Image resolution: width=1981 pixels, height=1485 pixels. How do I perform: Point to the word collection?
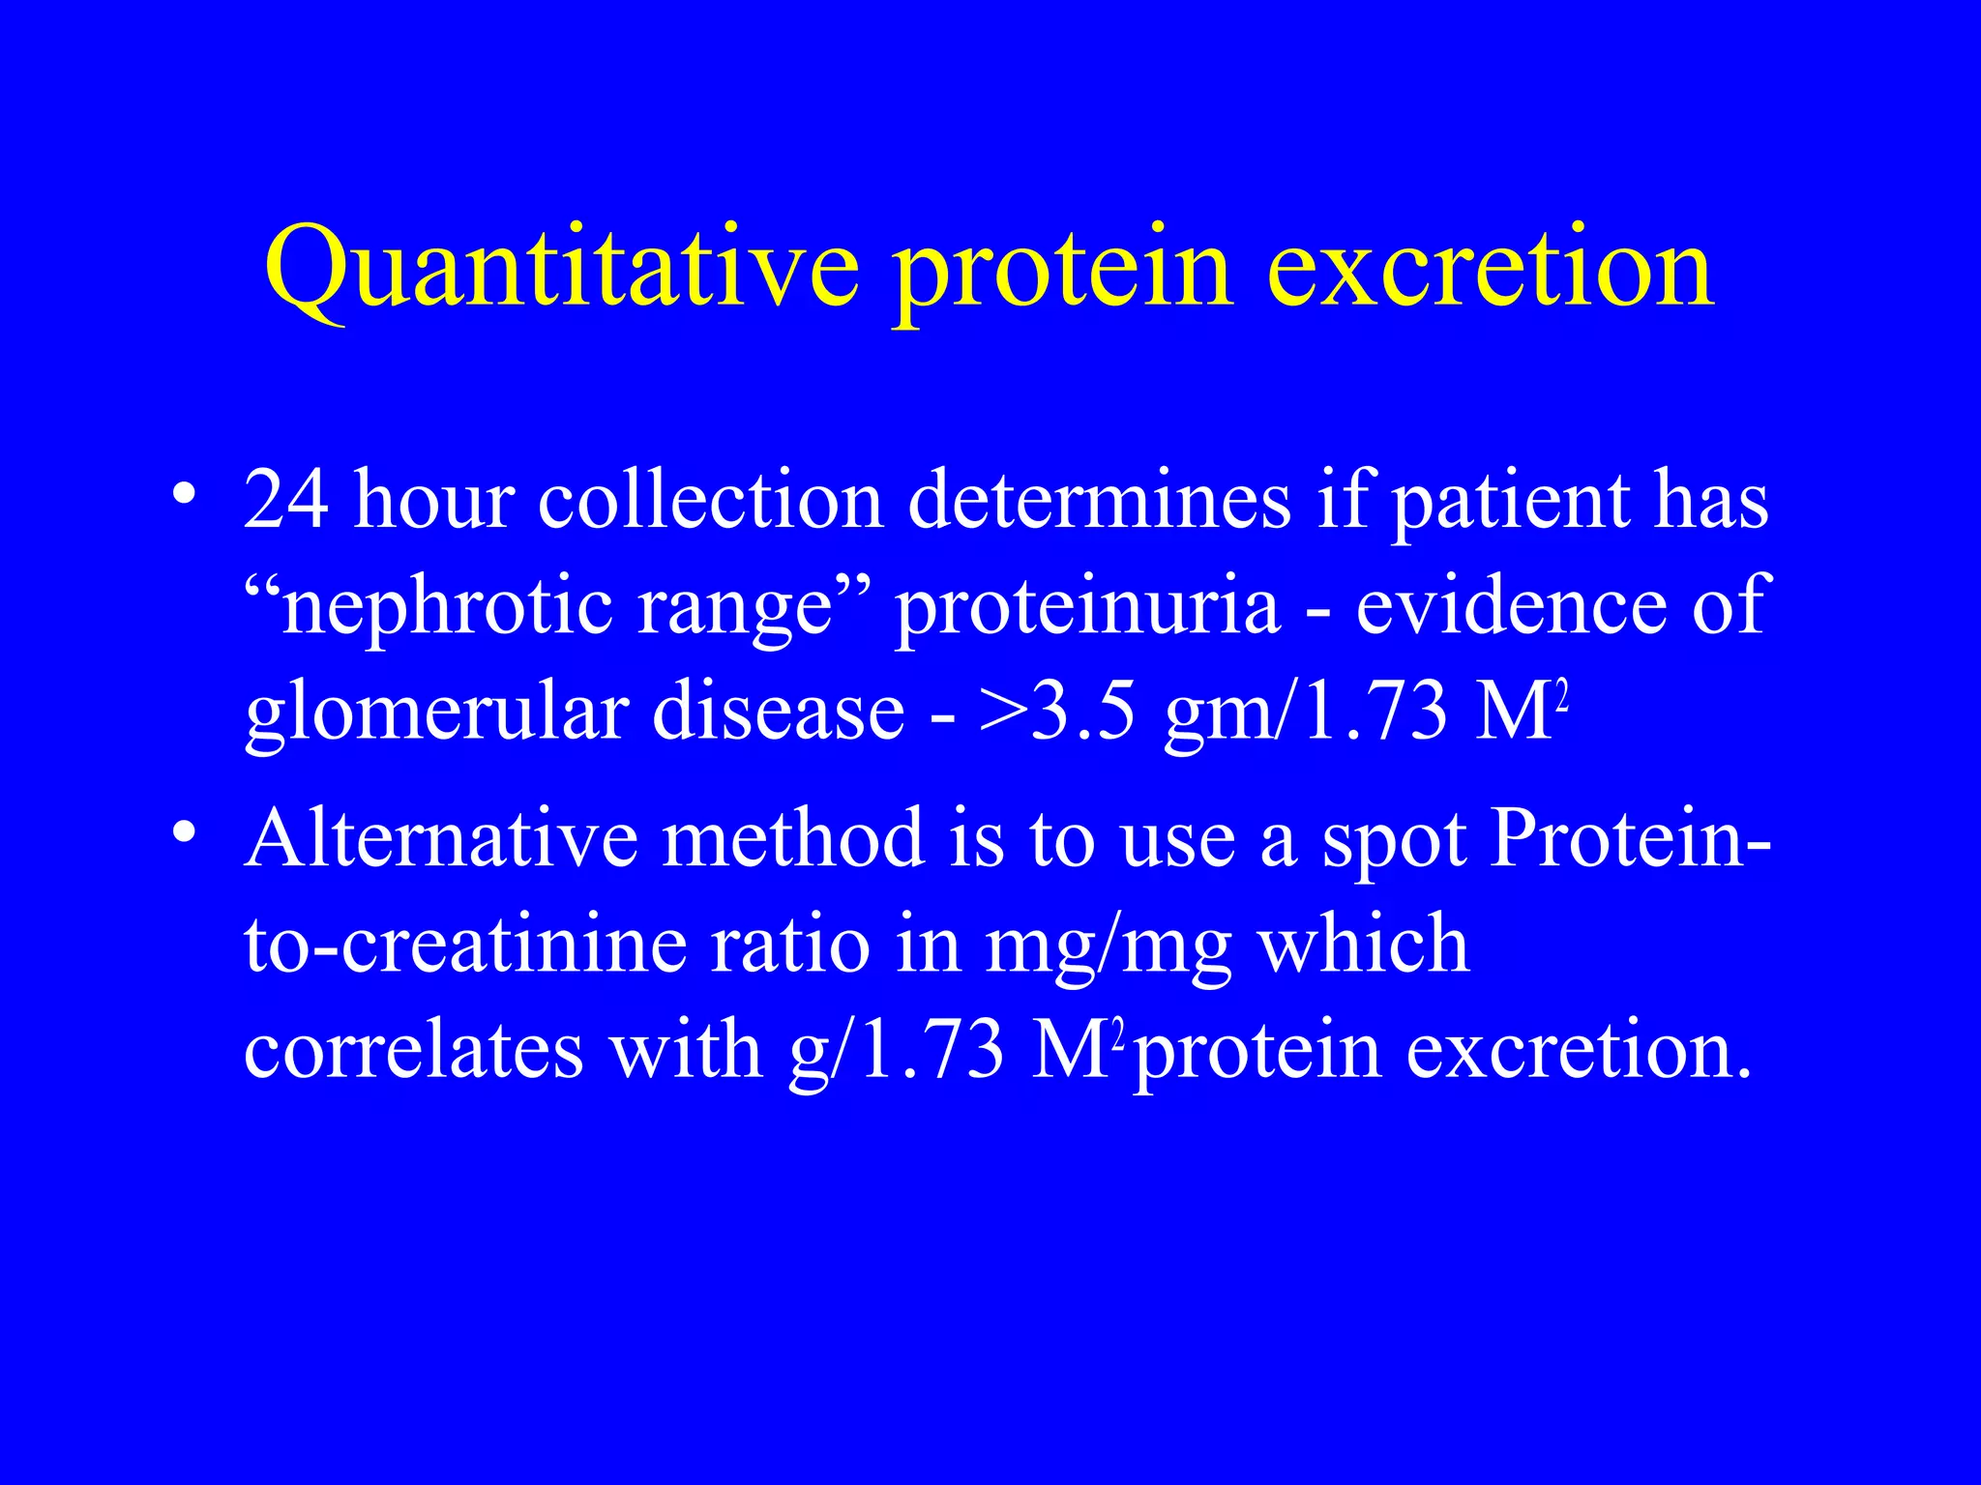coord(711,501)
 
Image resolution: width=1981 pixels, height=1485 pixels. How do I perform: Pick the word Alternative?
coord(441,837)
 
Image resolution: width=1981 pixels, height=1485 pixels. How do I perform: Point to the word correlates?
coord(414,1050)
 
